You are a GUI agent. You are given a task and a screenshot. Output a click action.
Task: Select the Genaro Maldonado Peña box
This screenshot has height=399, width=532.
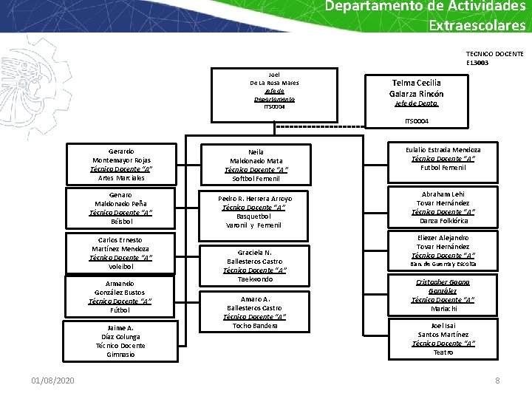tap(120, 207)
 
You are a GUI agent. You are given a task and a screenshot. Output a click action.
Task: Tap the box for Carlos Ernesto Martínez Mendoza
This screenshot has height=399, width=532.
tap(120, 253)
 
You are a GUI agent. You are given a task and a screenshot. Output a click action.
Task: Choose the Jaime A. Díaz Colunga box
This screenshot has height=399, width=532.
tap(120, 341)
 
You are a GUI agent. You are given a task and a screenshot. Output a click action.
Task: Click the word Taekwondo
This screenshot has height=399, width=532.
tap(255, 279)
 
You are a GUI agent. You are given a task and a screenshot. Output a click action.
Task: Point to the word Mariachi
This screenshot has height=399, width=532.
tap(443, 309)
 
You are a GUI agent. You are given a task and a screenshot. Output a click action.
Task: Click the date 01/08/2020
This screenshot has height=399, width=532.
tap(52, 380)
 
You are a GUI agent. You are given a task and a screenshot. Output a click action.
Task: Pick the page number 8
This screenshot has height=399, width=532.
tap(497, 380)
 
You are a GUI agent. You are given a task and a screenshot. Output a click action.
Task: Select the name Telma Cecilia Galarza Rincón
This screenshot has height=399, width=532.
tap(417, 88)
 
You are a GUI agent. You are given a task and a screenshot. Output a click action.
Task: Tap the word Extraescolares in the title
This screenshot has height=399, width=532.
tap(477, 25)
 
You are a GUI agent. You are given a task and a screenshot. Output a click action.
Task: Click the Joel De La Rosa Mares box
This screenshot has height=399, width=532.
tap(274, 91)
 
